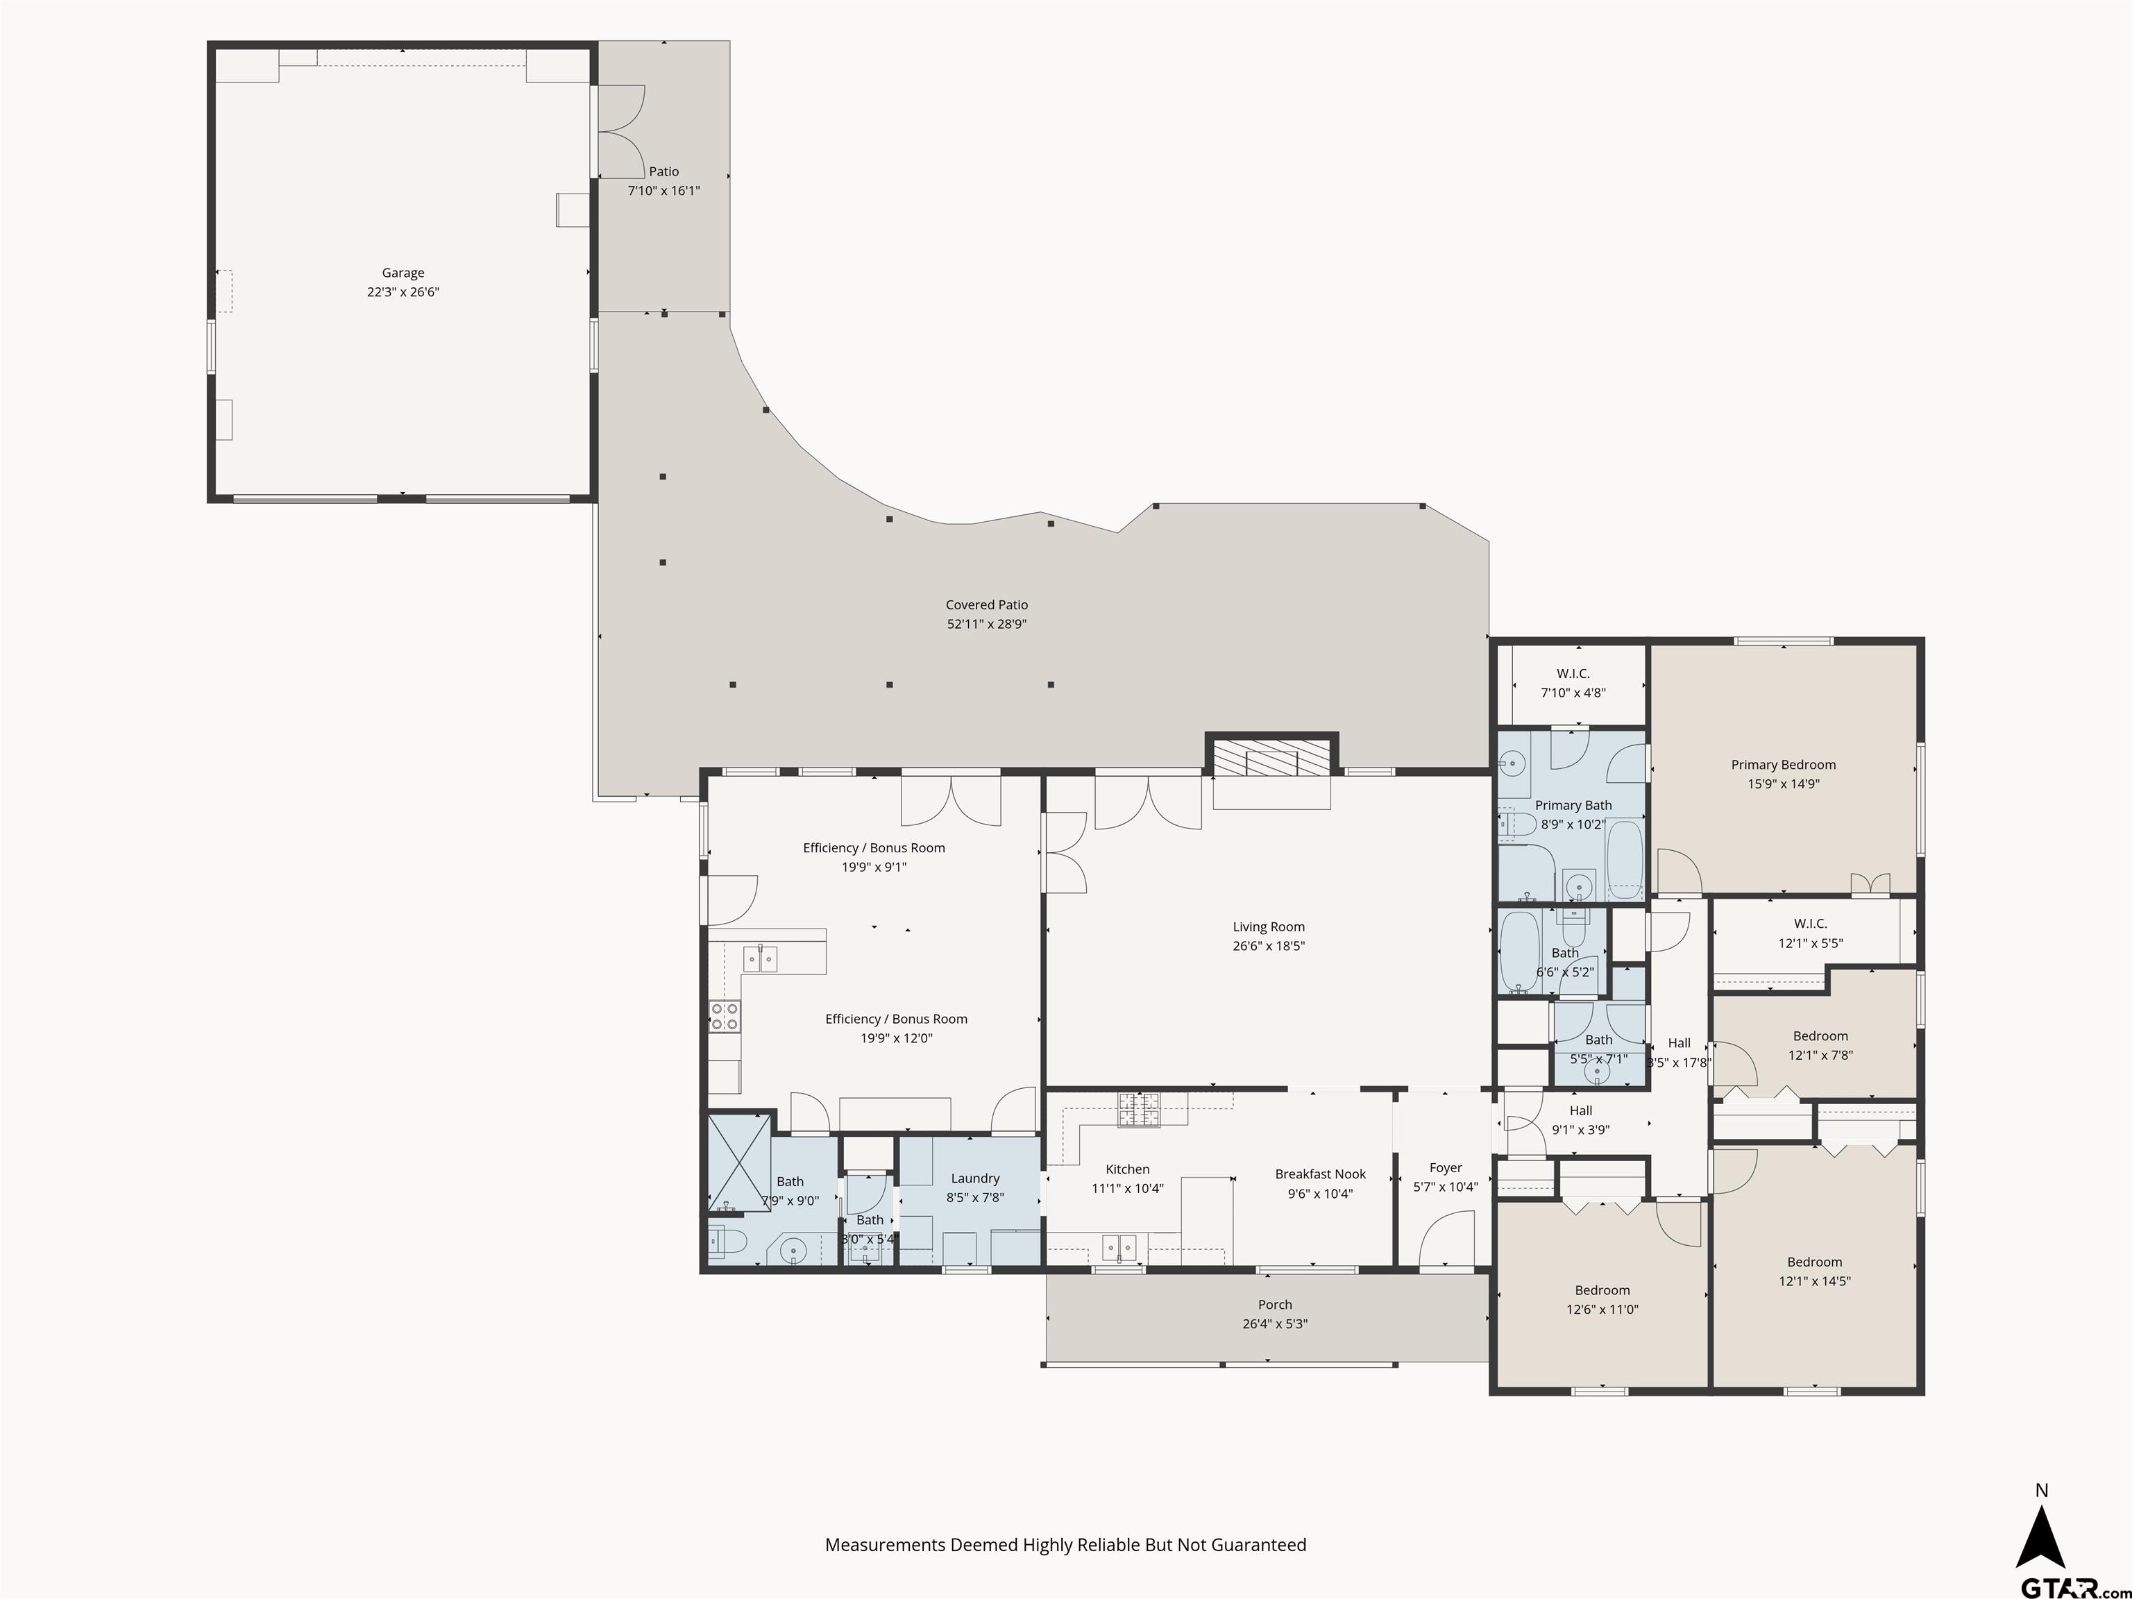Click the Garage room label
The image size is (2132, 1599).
[x=403, y=273]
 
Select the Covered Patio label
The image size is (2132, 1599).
[x=986, y=604]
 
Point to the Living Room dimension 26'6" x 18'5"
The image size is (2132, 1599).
[x=1269, y=947]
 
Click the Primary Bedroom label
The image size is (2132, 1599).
[x=1783, y=764]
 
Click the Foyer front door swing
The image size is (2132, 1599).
[x=1448, y=1240]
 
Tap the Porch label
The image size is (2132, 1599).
[x=1274, y=1304]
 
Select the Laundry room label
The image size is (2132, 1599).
[x=974, y=1178]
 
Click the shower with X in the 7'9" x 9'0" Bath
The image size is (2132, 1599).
[x=739, y=1162]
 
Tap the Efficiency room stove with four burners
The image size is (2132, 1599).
[x=725, y=1016]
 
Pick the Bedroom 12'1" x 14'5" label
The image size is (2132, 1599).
[x=1814, y=1262]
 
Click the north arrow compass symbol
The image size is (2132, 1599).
[x=2040, y=1537]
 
